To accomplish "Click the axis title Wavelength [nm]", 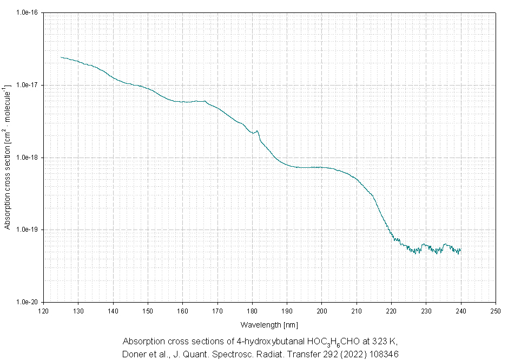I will point(269,324).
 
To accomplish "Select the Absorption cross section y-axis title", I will point(8,157).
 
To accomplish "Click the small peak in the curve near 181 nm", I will point(258,130).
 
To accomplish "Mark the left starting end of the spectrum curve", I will point(61,57).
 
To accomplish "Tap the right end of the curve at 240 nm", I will point(460,250).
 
